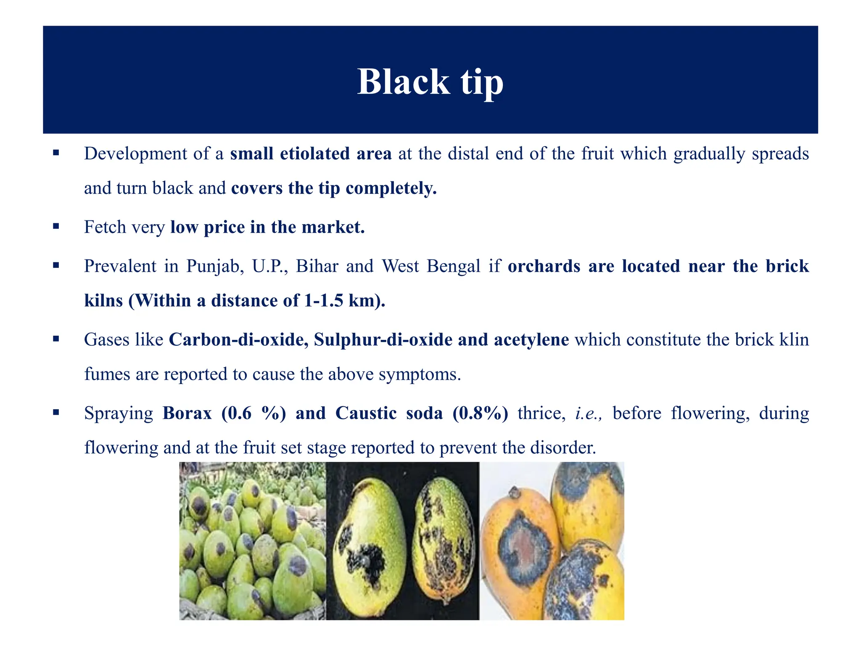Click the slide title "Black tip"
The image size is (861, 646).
pos(430,81)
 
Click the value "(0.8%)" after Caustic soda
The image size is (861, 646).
pos(480,413)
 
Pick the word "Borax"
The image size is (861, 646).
pos(187,413)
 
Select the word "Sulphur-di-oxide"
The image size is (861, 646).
pos(383,340)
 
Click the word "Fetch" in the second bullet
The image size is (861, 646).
pos(105,228)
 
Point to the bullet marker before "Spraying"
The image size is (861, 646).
pos(56,412)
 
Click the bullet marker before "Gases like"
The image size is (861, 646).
pos(56,339)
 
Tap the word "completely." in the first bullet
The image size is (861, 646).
pos(391,188)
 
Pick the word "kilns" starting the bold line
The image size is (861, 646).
pos(103,301)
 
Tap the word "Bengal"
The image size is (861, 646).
pos(453,267)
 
